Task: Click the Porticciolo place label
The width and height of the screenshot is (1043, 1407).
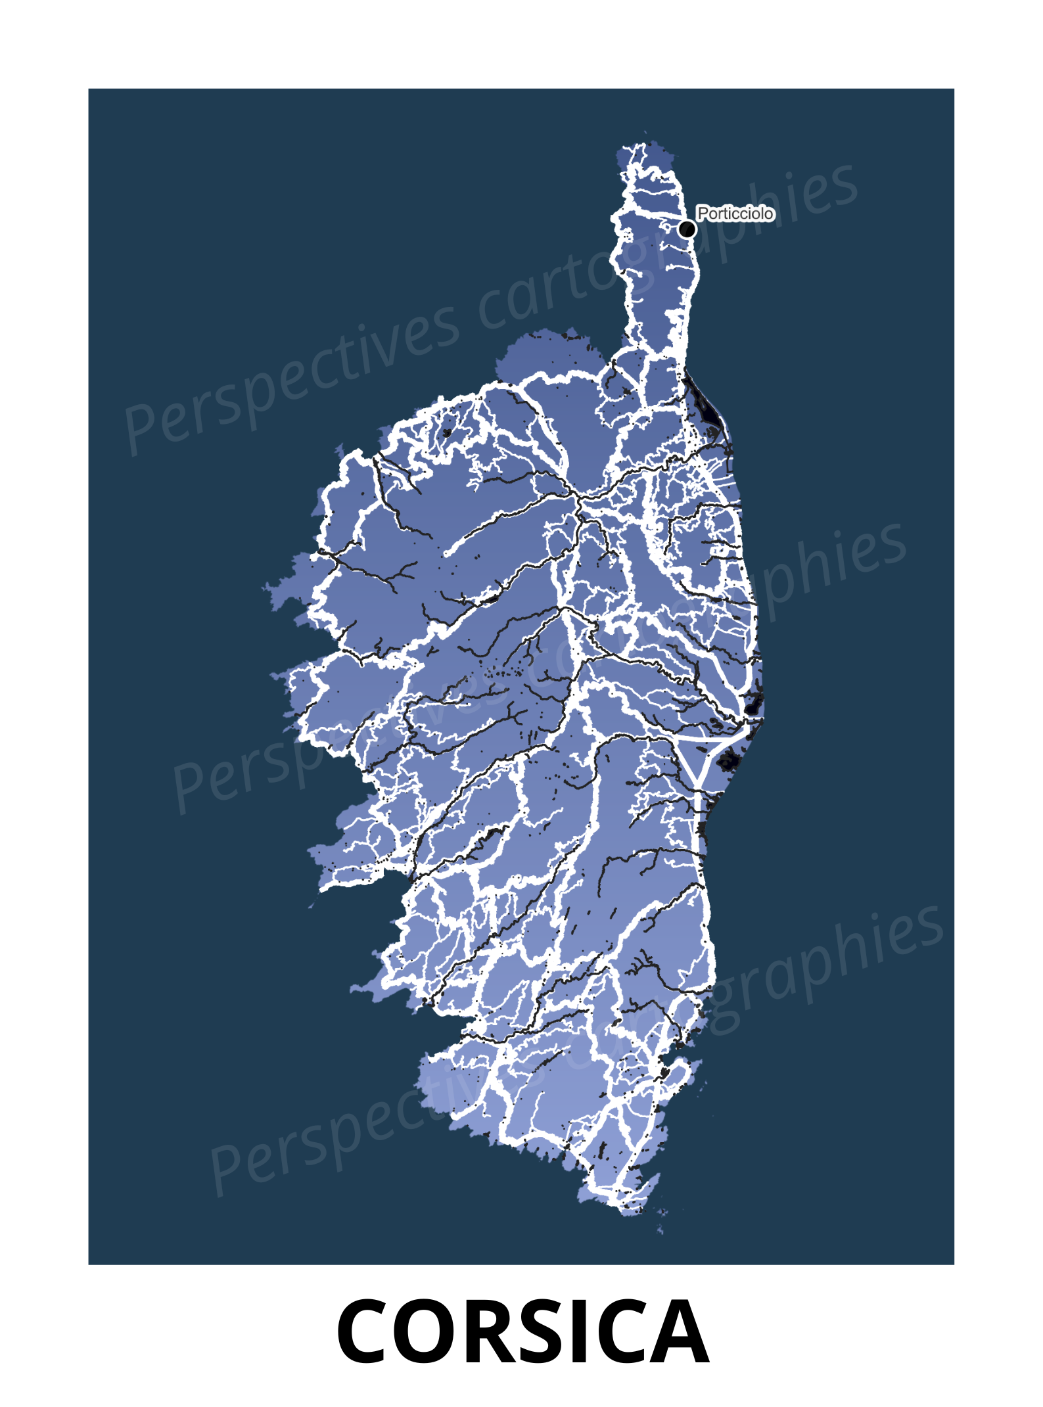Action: [735, 214]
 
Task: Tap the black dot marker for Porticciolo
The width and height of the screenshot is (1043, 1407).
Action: [687, 229]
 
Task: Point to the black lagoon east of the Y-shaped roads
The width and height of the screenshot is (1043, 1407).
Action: [728, 762]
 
